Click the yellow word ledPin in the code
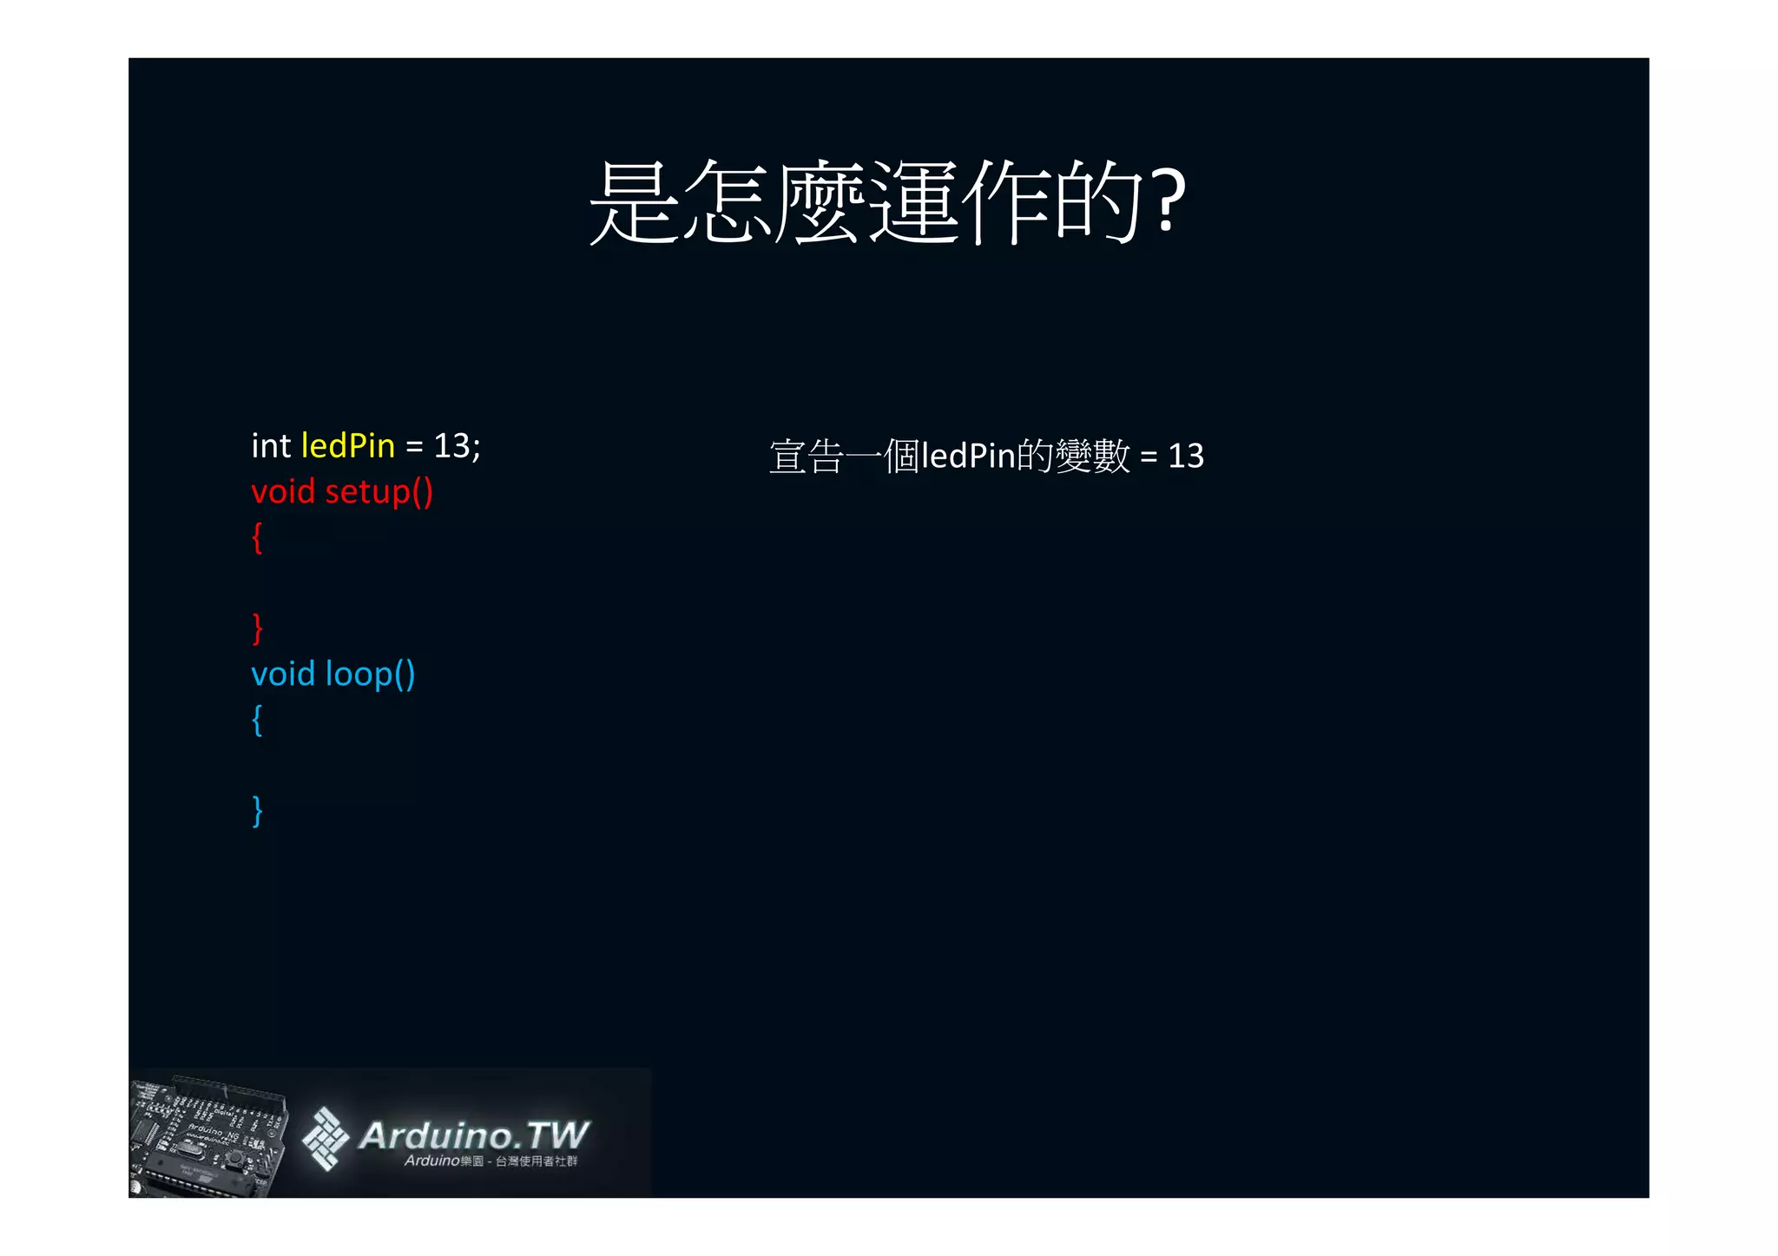(347, 446)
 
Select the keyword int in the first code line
(271, 446)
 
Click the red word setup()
(379, 492)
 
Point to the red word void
(283, 492)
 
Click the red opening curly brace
(257, 538)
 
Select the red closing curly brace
(257, 628)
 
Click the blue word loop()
(370, 674)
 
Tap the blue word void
(283, 674)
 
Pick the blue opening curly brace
(257, 720)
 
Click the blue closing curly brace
(257, 811)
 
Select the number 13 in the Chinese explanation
(1186, 456)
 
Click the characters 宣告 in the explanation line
(807, 457)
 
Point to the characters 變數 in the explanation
(1092, 457)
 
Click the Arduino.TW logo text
(473, 1135)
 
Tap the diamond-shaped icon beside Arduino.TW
(325, 1138)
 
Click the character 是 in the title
(633, 201)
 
